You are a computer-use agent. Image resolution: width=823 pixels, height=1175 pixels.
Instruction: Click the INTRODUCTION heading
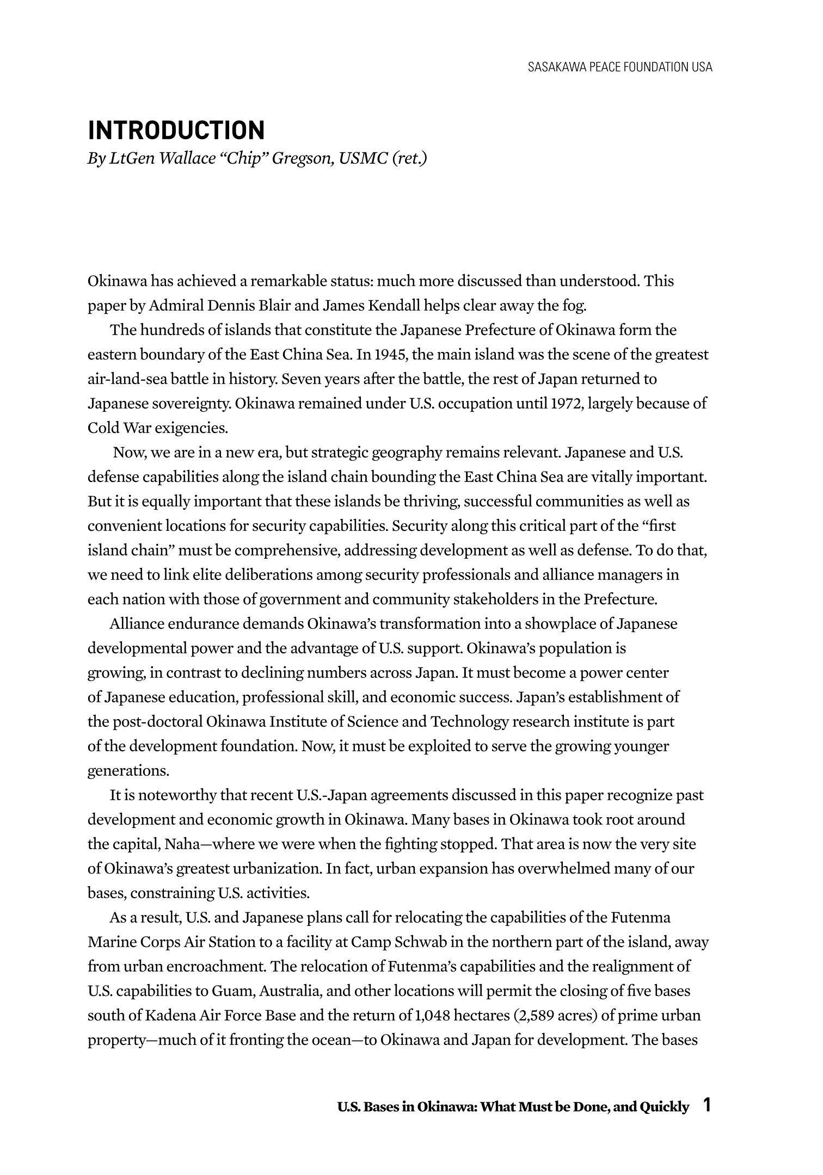[176, 131]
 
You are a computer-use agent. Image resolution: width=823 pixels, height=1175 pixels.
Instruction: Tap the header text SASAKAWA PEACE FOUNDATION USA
[620, 67]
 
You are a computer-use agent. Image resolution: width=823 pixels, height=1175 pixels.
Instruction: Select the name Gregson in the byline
[302, 158]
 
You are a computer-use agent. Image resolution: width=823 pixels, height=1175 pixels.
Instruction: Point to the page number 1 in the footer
[707, 1106]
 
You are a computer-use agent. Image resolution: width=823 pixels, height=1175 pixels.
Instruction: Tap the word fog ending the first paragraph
[576, 306]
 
